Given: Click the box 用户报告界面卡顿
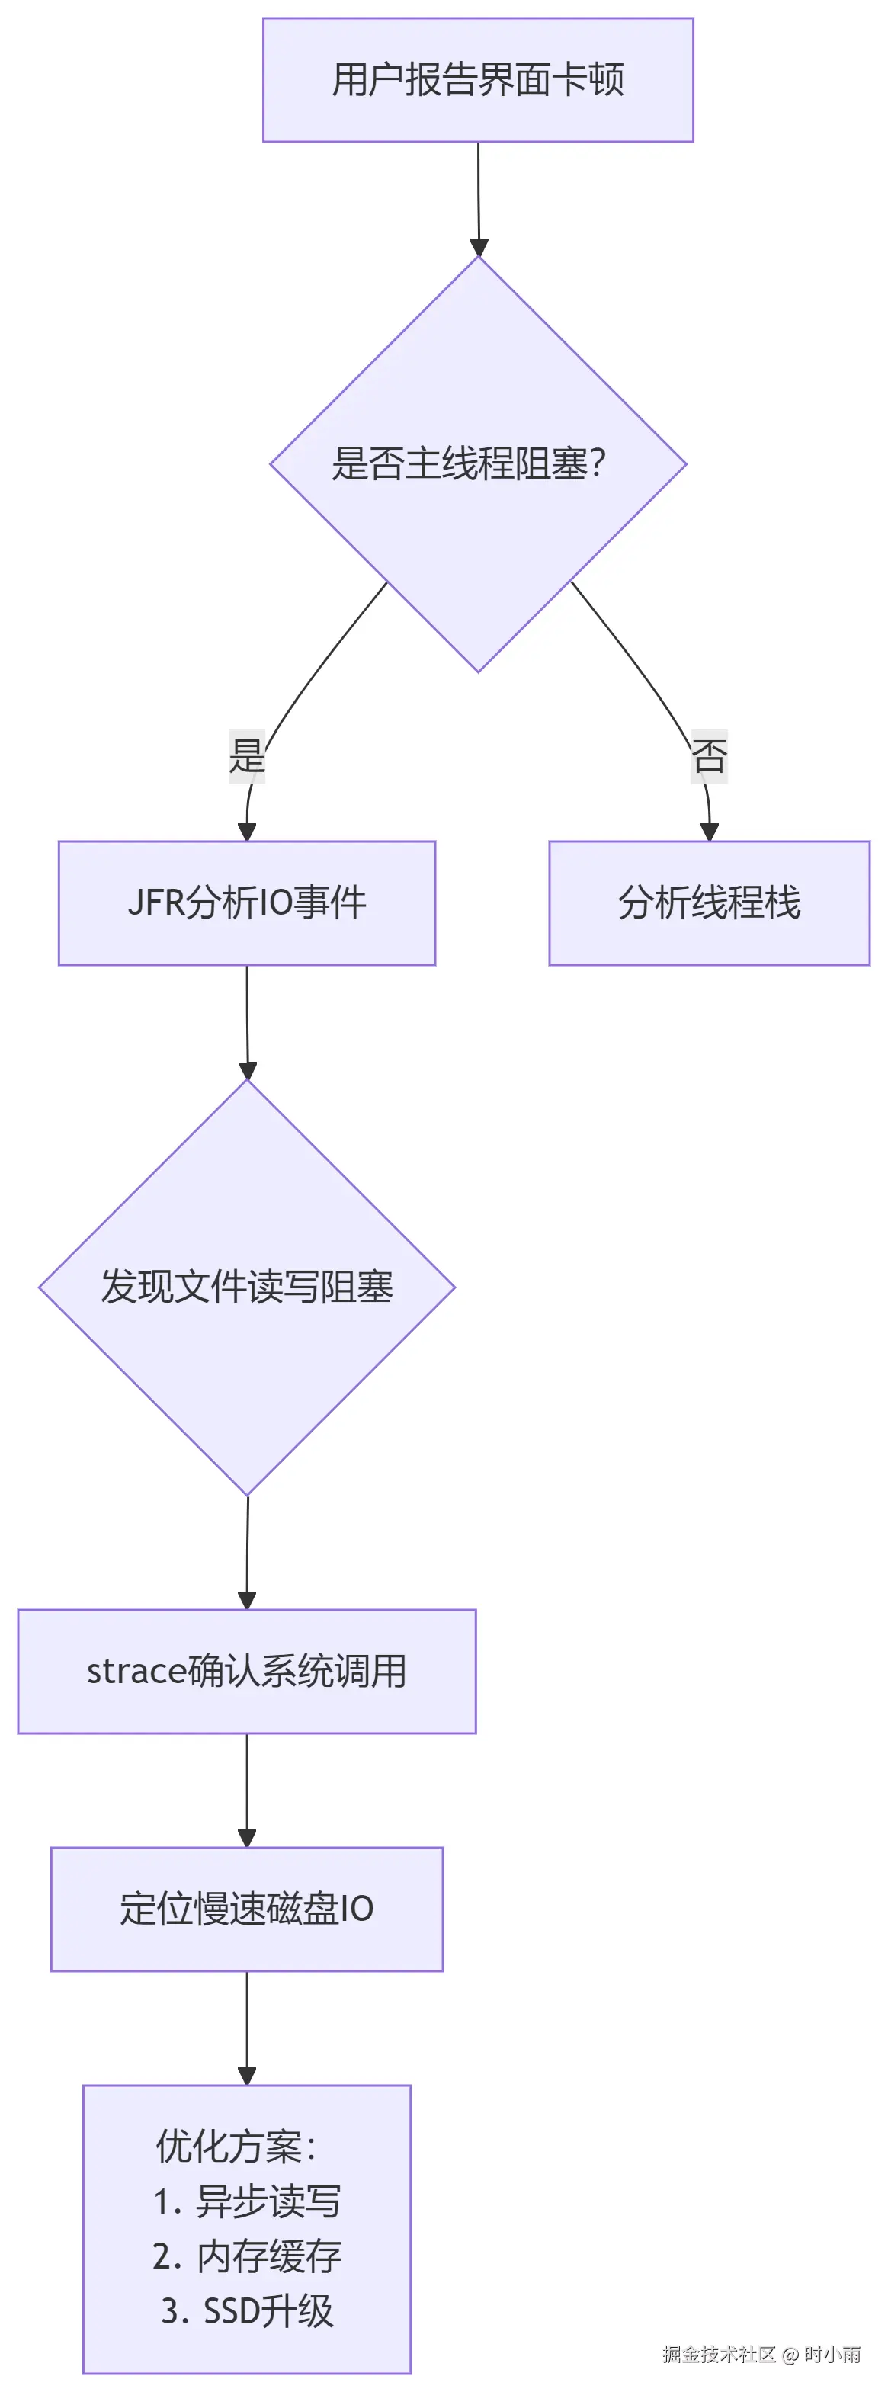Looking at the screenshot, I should pyautogui.click(x=477, y=80).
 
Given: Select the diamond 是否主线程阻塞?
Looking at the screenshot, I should pyautogui.click(x=477, y=463).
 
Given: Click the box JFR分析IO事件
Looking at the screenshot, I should pyautogui.click(x=247, y=903).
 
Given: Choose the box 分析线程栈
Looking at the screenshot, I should pyautogui.click(x=709, y=903).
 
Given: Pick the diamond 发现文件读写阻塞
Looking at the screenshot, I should pyautogui.click(x=247, y=1287).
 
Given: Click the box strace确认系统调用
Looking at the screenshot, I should pyautogui.click(x=247, y=1672).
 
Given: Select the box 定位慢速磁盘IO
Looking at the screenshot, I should pyautogui.click(x=247, y=1909).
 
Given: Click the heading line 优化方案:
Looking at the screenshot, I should pyautogui.click(x=236, y=2146).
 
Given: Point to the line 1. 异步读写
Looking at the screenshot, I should pyautogui.click(x=247, y=2201).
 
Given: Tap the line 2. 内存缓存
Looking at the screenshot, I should pyautogui.click(x=247, y=2256).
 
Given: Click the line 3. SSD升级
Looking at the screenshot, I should pyautogui.click(x=247, y=2310).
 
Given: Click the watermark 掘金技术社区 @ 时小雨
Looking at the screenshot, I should pyautogui.click(x=761, y=2354).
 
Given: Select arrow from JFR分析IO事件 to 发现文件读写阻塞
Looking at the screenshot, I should pyautogui.click(x=247, y=1021).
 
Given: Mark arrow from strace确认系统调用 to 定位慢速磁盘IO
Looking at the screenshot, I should pyautogui.click(x=247, y=1788).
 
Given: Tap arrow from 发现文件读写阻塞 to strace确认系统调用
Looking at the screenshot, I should pyautogui.click(x=247, y=1550).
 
